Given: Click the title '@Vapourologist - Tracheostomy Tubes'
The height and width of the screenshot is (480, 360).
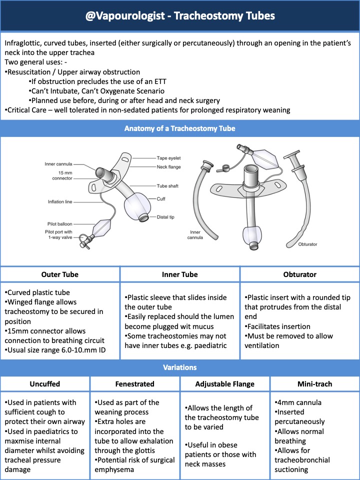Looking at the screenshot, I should (179, 15).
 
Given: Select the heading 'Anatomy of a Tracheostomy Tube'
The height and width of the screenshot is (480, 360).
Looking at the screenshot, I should (179, 128).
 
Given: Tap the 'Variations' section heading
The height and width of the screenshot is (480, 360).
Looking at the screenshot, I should (179, 367).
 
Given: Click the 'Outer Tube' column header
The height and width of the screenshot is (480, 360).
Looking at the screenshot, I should (60, 274).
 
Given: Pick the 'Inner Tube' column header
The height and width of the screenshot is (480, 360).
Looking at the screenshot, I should (180, 274).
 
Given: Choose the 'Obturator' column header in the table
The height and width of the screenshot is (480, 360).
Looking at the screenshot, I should (299, 274).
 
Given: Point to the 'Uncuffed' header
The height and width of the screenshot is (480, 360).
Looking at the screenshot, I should (45, 383).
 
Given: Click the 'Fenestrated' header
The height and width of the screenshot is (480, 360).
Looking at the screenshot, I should (135, 383).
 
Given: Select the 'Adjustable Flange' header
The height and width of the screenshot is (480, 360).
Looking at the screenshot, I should (225, 383).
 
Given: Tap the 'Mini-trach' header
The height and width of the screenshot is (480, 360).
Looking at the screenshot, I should (314, 383).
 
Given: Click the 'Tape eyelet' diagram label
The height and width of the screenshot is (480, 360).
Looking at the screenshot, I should (168, 158).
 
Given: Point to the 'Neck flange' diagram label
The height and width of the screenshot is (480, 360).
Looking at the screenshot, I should (168, 166).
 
